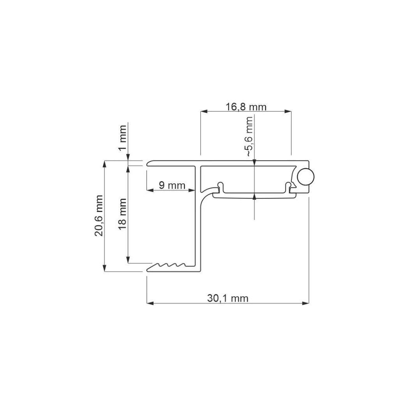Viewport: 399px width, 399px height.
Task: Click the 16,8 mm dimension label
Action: [x=246, y=107]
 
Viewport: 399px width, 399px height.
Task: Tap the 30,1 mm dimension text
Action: [x=228, y=298]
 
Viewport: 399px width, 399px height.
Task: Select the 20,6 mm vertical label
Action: [x=99, y=216]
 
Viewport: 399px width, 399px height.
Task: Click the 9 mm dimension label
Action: [x=172, y=185]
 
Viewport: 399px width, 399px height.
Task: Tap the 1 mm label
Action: [x=123, y=138]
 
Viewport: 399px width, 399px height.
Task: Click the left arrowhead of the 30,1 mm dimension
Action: [x=150, y=303]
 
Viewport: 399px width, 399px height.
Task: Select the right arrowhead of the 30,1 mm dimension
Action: [x=305, y=303]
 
